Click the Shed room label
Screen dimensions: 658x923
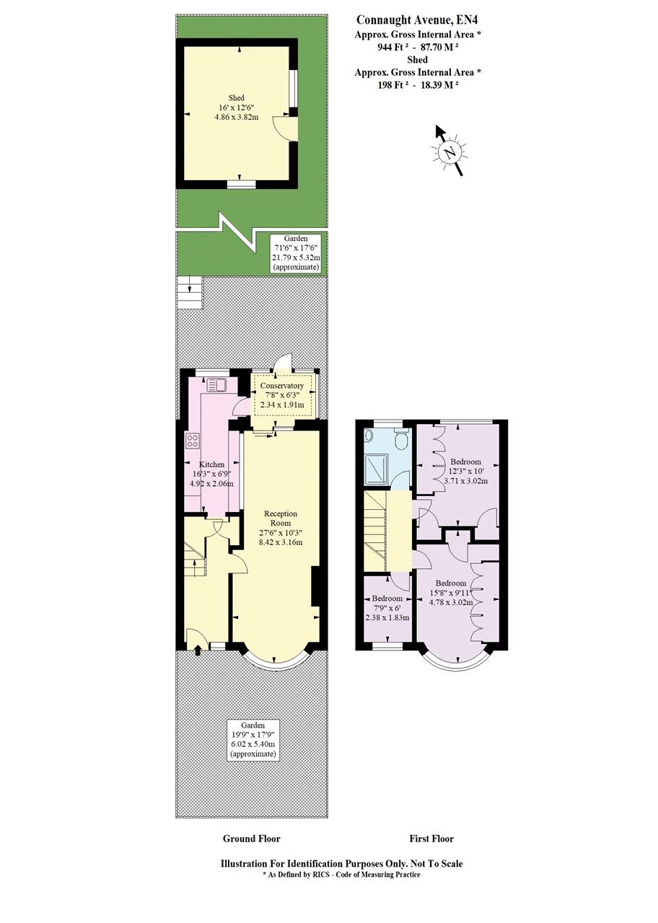236,97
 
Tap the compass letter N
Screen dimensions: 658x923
449,151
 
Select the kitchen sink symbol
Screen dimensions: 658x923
215,384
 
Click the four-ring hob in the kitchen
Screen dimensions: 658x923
192,441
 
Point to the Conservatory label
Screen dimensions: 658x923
282,386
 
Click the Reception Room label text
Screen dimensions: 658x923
281,518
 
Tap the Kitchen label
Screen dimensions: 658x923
212,464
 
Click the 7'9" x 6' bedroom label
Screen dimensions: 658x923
387,608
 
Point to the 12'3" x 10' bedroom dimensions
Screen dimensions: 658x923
465,471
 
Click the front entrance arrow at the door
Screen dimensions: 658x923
197,650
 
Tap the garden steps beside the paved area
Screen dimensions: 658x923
190,292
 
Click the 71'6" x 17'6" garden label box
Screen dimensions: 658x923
295,253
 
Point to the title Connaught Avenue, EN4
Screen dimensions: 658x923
417,19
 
